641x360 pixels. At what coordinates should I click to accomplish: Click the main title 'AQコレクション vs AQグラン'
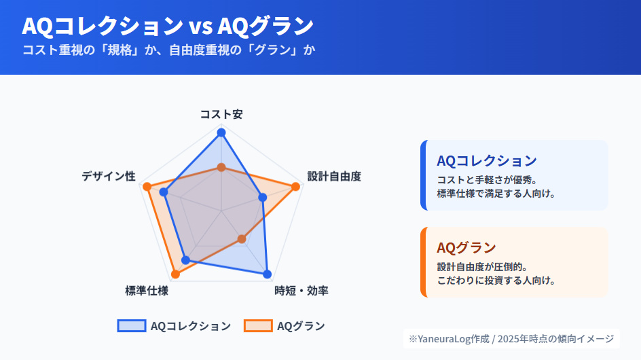168,26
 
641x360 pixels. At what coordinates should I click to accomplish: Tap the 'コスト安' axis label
221,114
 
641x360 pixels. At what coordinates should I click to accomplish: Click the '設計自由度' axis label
334,177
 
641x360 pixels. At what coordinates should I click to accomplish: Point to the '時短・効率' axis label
301,291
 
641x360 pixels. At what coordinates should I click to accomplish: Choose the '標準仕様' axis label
147,291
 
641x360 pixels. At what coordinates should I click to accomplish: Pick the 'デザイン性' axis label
109,177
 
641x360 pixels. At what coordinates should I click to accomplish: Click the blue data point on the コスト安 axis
221,133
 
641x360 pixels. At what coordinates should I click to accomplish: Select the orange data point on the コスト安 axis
221,167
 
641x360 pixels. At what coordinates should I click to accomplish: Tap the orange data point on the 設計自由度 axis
295,186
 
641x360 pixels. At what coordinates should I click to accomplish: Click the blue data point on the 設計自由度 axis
263,197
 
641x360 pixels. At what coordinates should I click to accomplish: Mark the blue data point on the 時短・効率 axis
267,274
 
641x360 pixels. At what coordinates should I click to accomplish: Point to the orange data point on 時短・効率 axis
242,239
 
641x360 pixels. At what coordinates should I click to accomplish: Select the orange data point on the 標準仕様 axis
175,274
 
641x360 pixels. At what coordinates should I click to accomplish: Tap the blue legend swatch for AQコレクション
131,326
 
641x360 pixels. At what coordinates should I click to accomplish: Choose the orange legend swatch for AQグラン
258,326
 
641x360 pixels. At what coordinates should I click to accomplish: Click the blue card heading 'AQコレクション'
487,161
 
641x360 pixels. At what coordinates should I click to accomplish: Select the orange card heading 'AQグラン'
466,247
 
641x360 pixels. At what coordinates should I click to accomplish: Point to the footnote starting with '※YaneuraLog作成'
511,338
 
